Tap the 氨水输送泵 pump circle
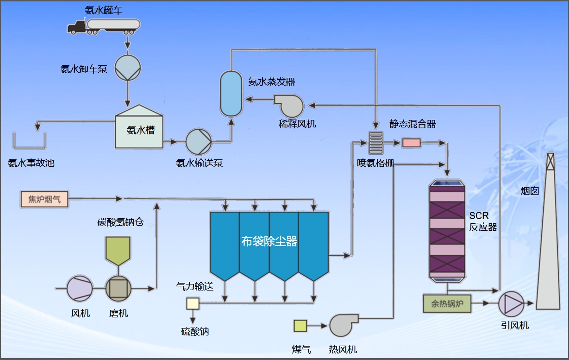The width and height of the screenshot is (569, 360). point(199,141)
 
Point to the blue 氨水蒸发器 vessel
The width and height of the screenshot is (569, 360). point(231,93)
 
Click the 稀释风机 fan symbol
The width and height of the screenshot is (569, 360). point(289,106)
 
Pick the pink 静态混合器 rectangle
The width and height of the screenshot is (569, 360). point(411,143)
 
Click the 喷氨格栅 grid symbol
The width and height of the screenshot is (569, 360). point(375,143)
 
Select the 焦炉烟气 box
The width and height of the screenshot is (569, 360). point(44,199)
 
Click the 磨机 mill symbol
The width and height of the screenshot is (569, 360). point(118,289)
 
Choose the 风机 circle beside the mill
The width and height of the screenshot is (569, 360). point(80,289)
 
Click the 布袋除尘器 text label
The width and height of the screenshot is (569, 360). point(269,241)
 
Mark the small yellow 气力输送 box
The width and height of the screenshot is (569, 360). point(192,303)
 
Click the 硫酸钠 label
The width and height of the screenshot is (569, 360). point(195,332)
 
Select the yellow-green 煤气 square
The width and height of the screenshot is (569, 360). point(300,326)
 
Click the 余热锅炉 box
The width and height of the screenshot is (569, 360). point(447,303)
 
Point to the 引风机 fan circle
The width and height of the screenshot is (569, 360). point(511,304)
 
